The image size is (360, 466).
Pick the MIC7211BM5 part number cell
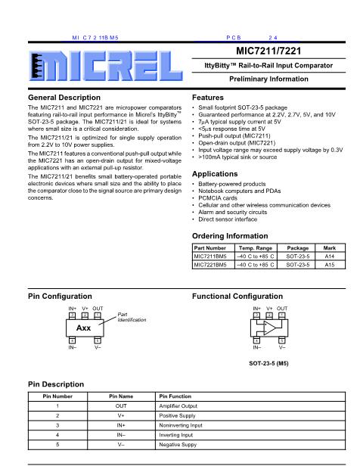213,256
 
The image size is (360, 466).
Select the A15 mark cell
330,265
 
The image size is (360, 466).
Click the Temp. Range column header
256,247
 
